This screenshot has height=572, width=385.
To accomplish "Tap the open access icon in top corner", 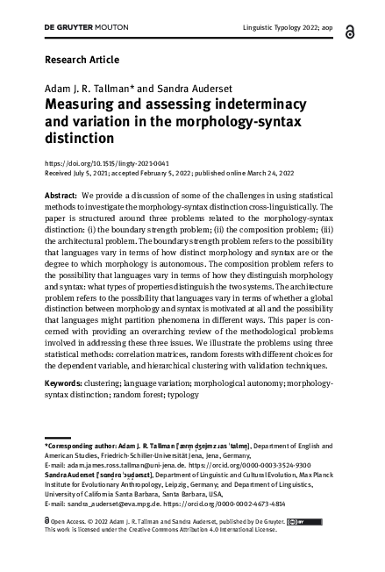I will [x=351, y=31].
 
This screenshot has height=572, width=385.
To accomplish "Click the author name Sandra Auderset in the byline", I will [x=172, y=89].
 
